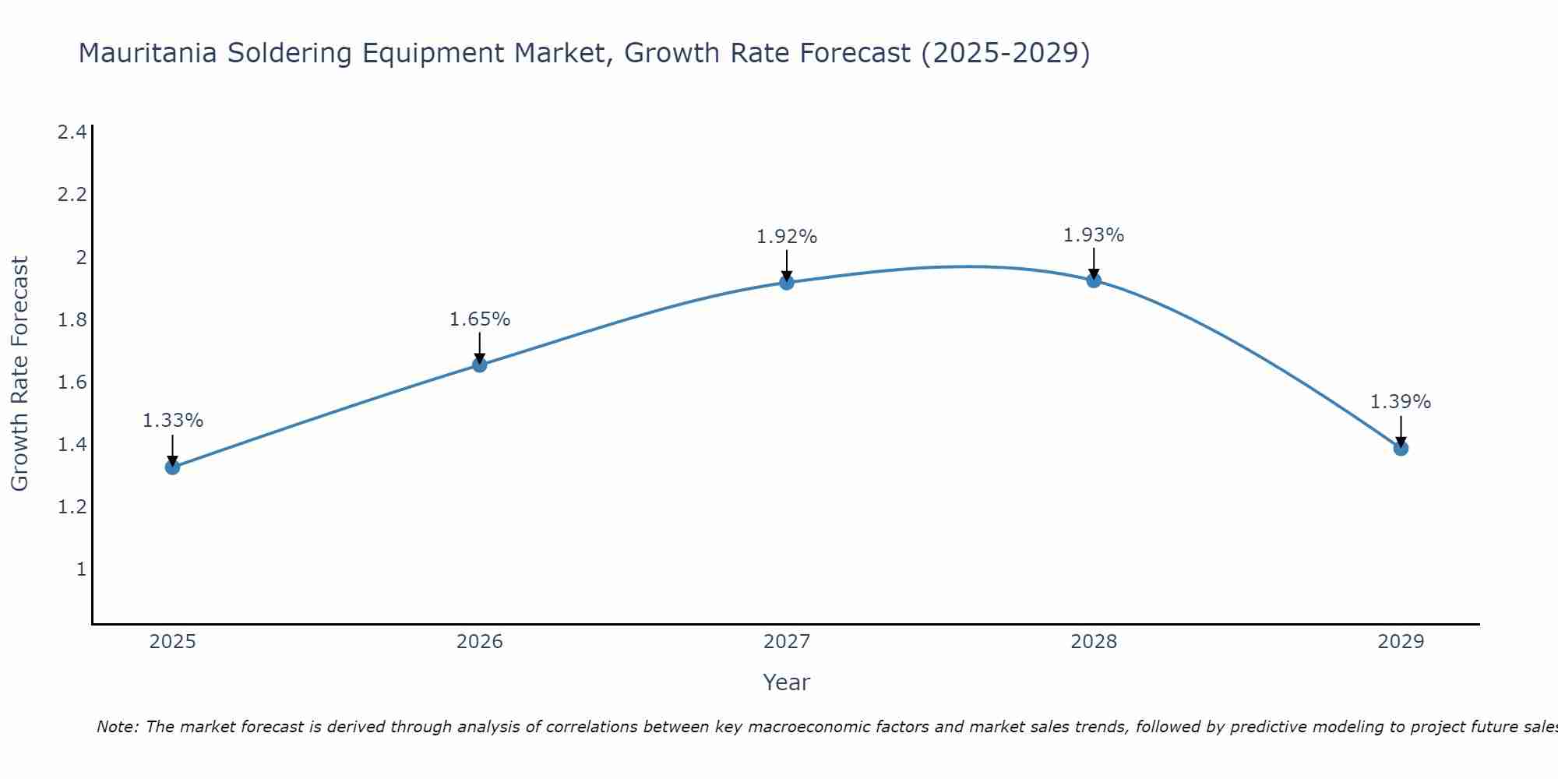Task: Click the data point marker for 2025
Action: click(172, 467)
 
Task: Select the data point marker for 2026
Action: click(480, 365)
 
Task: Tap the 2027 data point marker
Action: click(787, 282)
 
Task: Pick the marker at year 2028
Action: click(1094, 280)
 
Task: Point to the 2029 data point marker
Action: click(1401, 448)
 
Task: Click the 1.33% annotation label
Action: click(173, 421)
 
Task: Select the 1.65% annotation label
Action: click(480, 319)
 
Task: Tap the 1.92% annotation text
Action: click(787, 237)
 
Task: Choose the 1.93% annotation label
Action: click(1094, 235)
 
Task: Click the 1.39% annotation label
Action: click(1401, 402)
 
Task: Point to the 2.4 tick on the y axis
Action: click(72, 132)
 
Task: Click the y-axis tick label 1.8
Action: click(72, 320)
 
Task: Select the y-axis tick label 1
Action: click(81, 569)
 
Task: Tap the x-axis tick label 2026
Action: click(480, 642)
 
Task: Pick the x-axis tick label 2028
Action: click(1094, 642)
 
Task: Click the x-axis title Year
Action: click(787, 682)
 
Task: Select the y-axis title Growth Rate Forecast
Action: click(20, 374)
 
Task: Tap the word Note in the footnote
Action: click(117, 727)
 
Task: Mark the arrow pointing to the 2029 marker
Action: click(1401, 430)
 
